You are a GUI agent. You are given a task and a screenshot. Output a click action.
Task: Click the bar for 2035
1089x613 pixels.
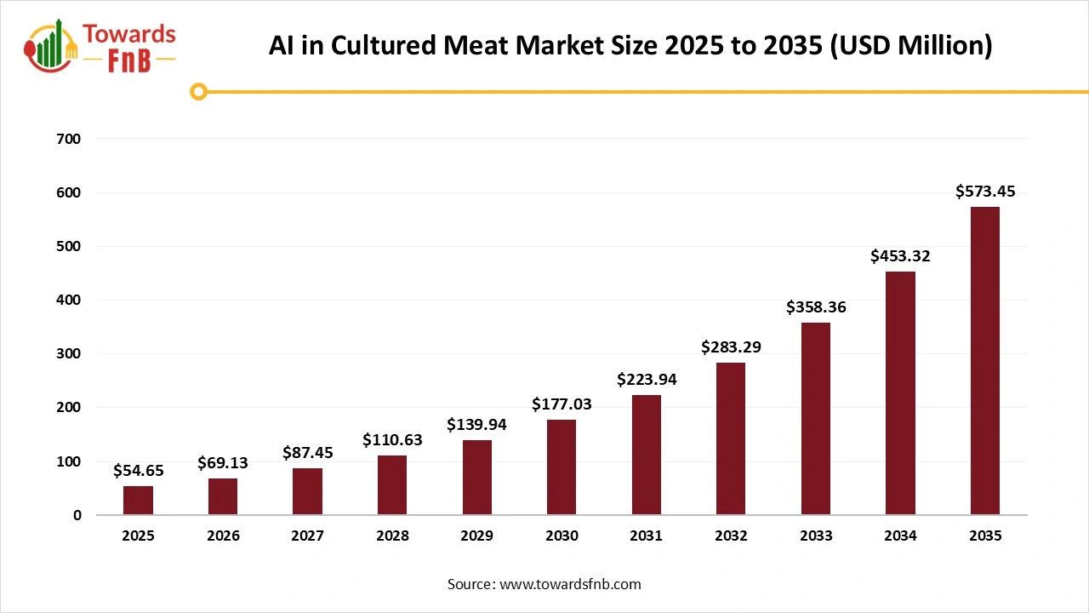(985, 361)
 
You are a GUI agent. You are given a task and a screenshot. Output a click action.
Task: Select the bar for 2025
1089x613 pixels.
(138, 500)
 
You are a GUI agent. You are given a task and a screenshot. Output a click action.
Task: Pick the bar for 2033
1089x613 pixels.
(816, 418)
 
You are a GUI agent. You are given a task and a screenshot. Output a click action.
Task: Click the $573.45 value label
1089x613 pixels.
(985, 192)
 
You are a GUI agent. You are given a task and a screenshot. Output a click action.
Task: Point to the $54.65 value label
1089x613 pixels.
(138, 470)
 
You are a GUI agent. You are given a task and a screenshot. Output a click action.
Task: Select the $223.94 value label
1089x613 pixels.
(647, 380)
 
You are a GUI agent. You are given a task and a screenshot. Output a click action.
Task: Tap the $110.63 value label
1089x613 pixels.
(392, 440)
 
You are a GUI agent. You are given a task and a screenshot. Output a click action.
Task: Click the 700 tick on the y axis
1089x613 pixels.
(70, 139)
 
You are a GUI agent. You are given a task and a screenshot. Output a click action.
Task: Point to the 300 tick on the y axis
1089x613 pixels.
(70, 354)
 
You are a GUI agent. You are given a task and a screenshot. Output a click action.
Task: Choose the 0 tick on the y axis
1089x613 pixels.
(77, 515)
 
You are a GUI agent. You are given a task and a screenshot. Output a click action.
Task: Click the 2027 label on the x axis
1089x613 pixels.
(307, 536)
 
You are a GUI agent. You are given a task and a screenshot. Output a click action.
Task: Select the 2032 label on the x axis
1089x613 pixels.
(731, 536)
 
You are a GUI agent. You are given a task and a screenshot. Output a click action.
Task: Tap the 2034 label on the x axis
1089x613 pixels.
(900, 536)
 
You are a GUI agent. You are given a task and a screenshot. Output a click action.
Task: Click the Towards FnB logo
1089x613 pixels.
(101, 47)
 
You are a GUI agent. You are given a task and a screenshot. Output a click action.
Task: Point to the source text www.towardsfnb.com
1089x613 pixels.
(569, 584)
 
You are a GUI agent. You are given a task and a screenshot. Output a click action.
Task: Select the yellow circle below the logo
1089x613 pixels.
(199, 91)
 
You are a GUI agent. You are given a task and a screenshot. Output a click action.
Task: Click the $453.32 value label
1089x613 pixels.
(900, 256)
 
